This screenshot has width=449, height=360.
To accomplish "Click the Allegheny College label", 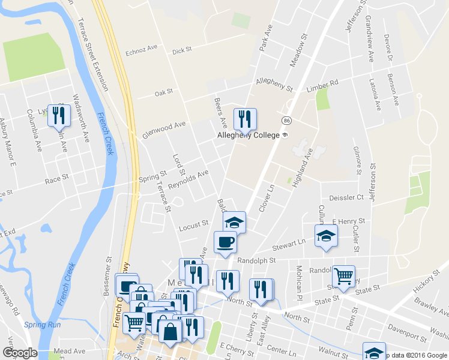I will [249, 136].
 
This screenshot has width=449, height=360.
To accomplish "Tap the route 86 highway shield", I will [288, 121].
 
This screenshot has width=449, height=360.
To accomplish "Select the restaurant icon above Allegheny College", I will [245, 119].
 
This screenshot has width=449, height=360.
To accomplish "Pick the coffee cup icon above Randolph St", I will [225, 242].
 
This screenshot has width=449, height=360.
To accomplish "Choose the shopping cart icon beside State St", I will [343, 277].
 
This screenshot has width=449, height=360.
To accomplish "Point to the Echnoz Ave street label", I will [140, 52].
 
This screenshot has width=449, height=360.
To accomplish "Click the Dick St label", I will [181, 51].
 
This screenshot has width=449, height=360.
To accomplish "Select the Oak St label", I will [163, 92].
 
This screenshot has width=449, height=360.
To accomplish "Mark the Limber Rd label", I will [323, 85].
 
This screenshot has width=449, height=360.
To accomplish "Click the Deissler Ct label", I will [346, 197].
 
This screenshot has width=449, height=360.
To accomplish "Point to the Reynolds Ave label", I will [188, 178].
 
